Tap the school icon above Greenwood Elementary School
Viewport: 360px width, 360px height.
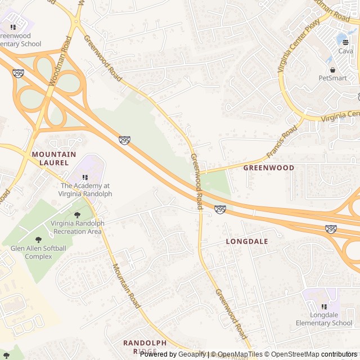click(x=13, y=26)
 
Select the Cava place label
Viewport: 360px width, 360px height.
click(x=345, y=51)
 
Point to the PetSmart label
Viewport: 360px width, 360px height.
click(x=332, y=78)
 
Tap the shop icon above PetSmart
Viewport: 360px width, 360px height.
click(x=332, y=69)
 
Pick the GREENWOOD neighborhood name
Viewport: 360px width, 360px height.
click(x=268, y=168)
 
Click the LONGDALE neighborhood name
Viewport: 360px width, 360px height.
click(x=246, y=241)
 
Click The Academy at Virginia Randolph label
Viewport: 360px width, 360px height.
click(x=85, y=190)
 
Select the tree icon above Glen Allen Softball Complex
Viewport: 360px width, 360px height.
click(x=38, y=240)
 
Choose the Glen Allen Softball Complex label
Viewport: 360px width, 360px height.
click(x=38, y=253)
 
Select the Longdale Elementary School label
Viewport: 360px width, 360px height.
click(x=324, y=319)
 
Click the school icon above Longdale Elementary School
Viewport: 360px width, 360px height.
click(x=324, y=307)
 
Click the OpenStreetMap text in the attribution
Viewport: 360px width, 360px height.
click(x=294, y=354)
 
